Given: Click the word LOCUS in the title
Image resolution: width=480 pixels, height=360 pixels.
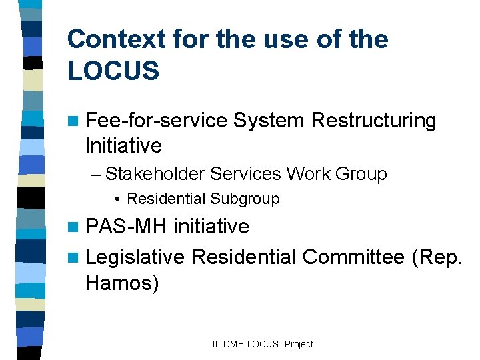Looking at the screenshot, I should [113, 71].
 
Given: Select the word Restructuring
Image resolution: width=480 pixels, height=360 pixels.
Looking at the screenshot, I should [374, 121].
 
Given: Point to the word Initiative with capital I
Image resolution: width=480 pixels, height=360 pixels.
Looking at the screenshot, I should [123, 145].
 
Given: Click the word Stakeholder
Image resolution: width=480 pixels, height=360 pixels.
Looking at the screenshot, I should [155, 174].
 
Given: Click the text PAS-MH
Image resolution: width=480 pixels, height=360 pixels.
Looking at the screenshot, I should [126, 227].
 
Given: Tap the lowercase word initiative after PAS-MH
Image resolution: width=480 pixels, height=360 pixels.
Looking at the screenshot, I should [211, 227].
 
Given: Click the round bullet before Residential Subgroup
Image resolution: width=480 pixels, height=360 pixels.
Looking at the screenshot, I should [117, 199].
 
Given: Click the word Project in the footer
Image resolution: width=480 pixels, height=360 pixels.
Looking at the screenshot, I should [298, 344].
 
